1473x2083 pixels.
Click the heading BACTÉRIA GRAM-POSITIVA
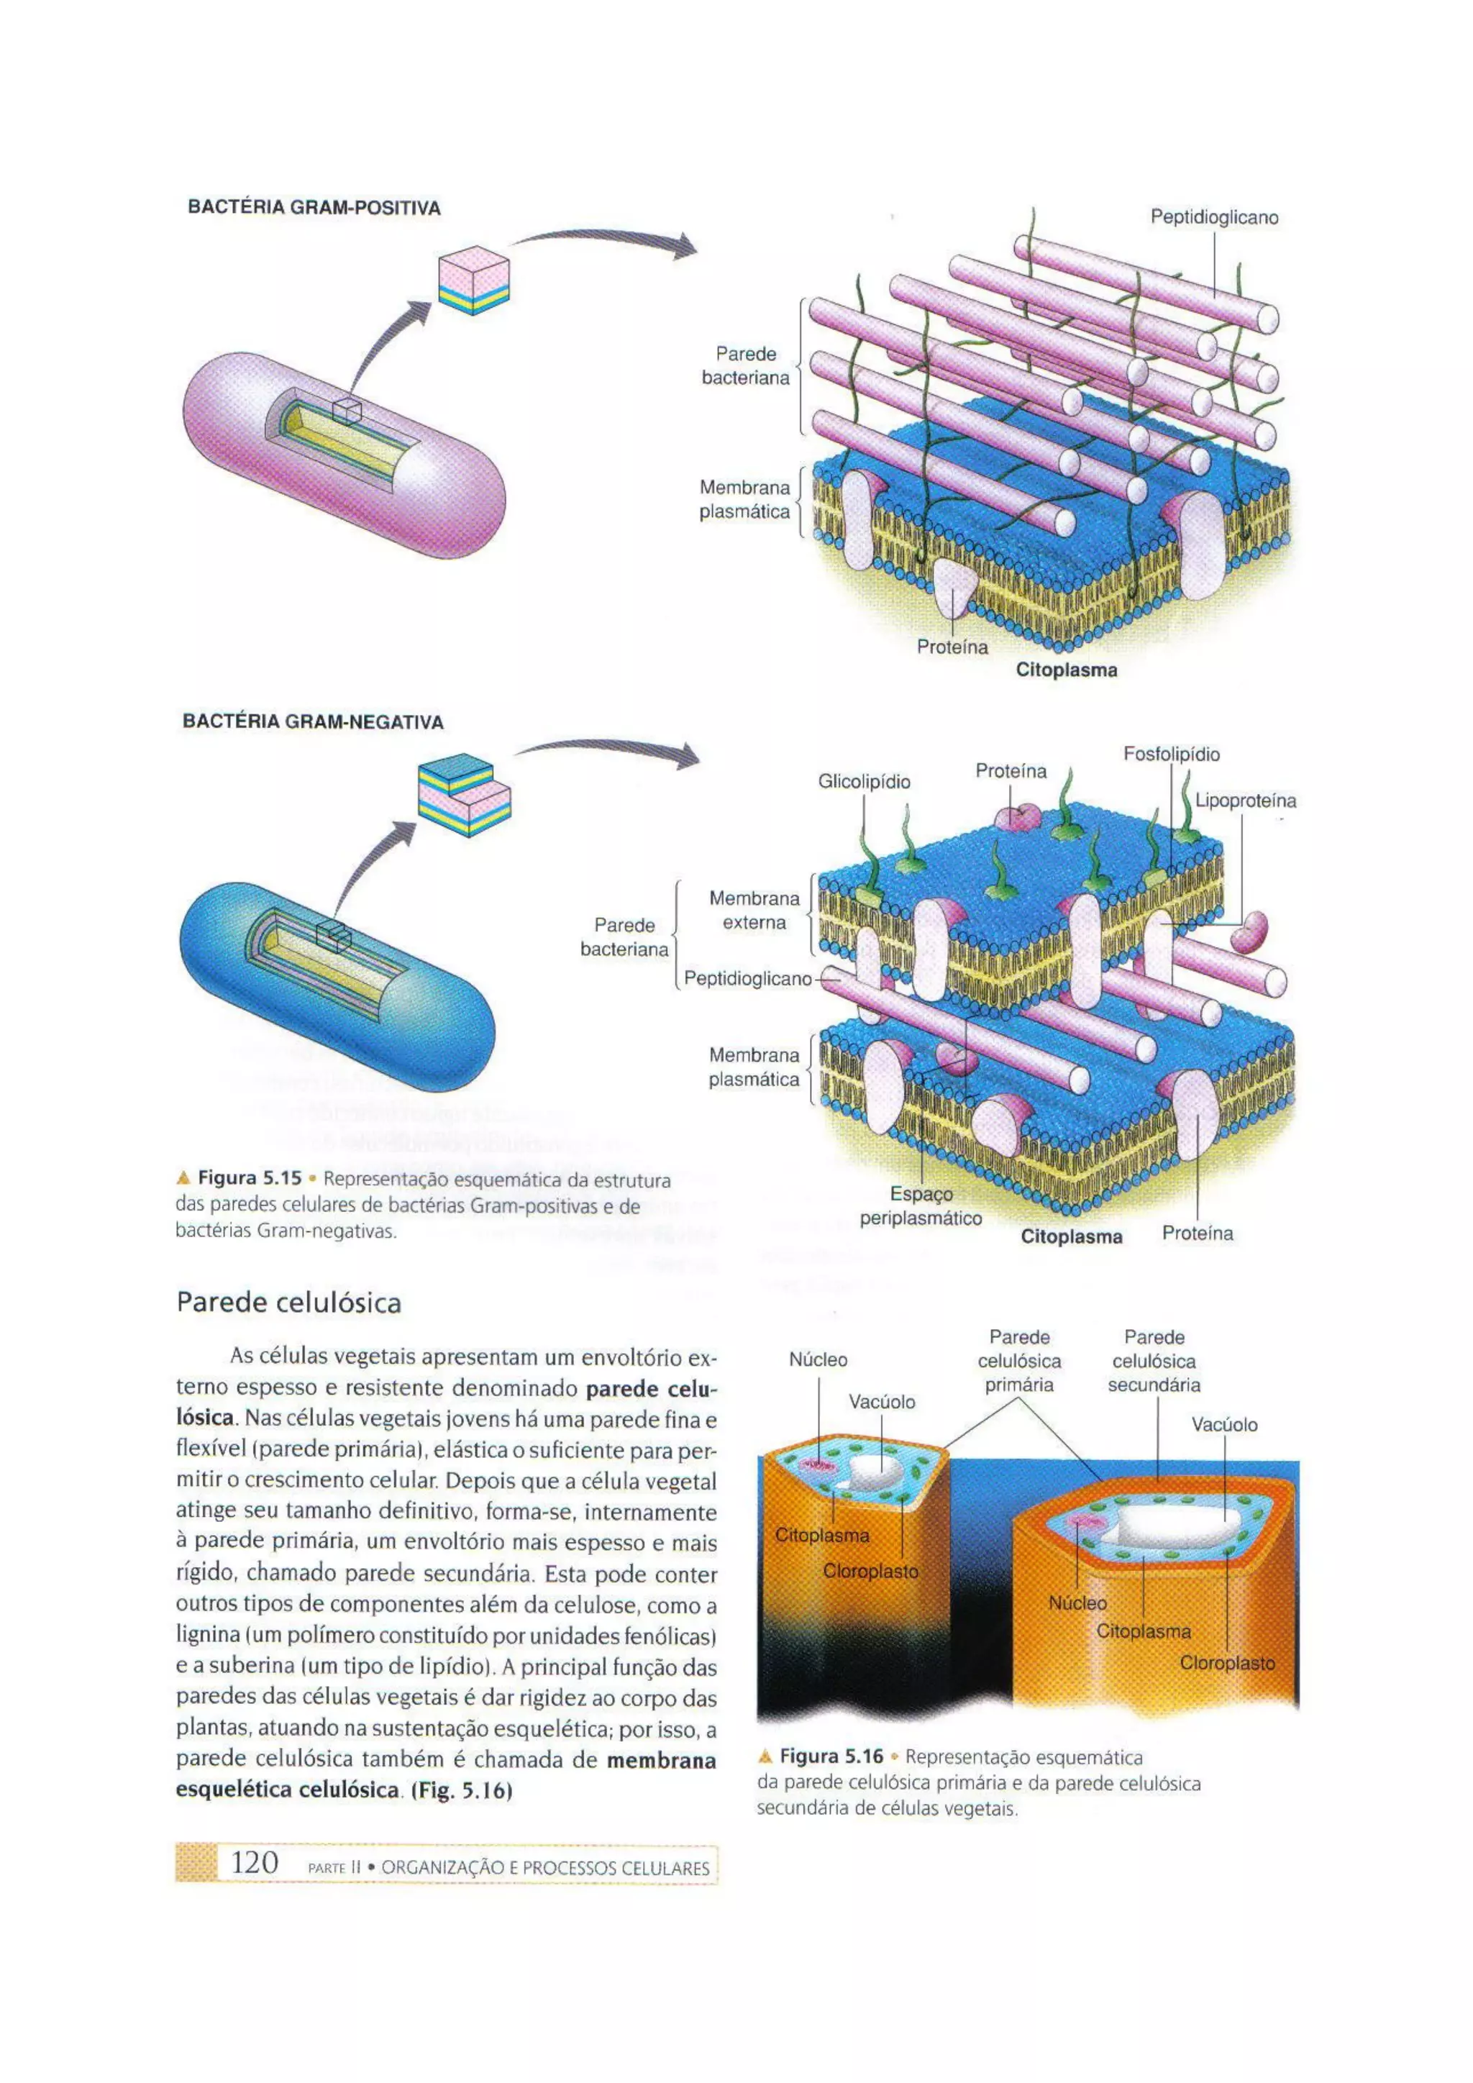(314, 208)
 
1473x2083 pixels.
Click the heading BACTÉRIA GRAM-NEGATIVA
(313, 722)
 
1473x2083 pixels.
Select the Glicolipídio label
(864, 782)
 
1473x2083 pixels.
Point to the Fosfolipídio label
(1171, 754)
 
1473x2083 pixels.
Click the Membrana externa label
(754, 910)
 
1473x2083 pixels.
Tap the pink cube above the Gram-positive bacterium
(473, 284)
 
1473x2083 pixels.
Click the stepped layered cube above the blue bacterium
(463, 795)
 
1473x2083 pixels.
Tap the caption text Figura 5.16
(831, 1756)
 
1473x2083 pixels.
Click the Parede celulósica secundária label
(1154, 1361)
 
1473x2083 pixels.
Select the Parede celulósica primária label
(1018, 1361)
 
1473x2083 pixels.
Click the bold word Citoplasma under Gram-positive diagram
(1066, 670)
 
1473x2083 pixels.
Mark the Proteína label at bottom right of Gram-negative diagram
(1198, 1233)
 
